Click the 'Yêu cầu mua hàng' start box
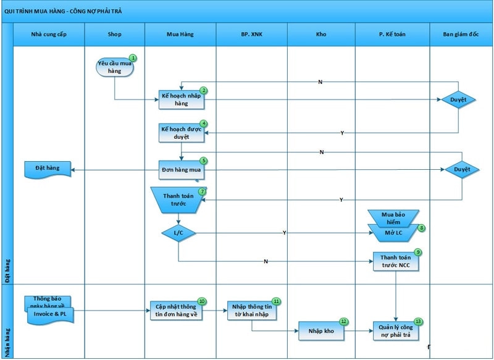pyautogui.click(x=114, y=67)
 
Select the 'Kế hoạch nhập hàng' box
pyautogui.click(x=181, y=99)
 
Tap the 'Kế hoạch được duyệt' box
pyautogui.click(x=181, y=132)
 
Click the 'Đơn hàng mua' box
pyautogui.click(x=181, y=169)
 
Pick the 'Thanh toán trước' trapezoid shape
pyautogui.click(x=178, y=200)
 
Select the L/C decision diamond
pyautogui.click(x=178, y=233)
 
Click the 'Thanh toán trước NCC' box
pyautogui.click(x=396, y=262)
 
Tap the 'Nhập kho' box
pyautogui.click(x=320, y=330)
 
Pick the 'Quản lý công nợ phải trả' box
pyautogui.click(x=396, y=331)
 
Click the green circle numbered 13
pyautogui.click(x=419, y=322)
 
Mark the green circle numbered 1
pyautogui.click(x=132, y=58)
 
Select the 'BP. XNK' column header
pyautogui.click(x=251, y=35)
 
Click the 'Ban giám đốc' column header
pyautogui.click(x=461, y=35)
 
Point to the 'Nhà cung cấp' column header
pyautogui.click(x=48, y=35)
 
